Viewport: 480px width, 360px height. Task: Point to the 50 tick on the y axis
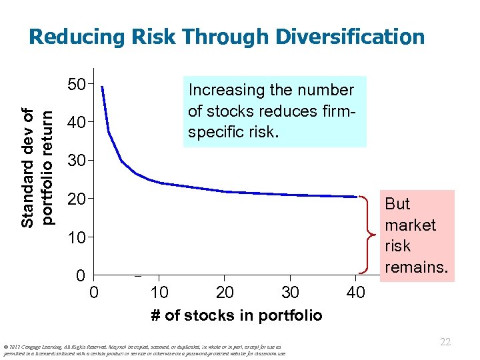(x=78, y=85)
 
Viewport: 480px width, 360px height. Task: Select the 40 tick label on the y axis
(x=78, y=123)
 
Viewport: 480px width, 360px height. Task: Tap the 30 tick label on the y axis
(x=78, y=161)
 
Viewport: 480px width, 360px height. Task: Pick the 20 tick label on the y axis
(x=78, y=199)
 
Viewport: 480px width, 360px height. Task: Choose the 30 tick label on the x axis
(x=289, y=292)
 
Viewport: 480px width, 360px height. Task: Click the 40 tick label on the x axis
(x=355, y=292)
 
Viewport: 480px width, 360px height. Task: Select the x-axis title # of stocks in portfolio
(x=236, y=315)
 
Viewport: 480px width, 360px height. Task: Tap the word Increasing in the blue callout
(x=225, y=90)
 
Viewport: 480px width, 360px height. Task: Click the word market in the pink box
(x=410, y=225)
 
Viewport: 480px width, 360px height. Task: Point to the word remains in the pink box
(x=417, y=267)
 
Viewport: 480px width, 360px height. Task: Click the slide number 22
(x=445, y=342)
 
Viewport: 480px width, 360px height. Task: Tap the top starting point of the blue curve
(x=101, y=87)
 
